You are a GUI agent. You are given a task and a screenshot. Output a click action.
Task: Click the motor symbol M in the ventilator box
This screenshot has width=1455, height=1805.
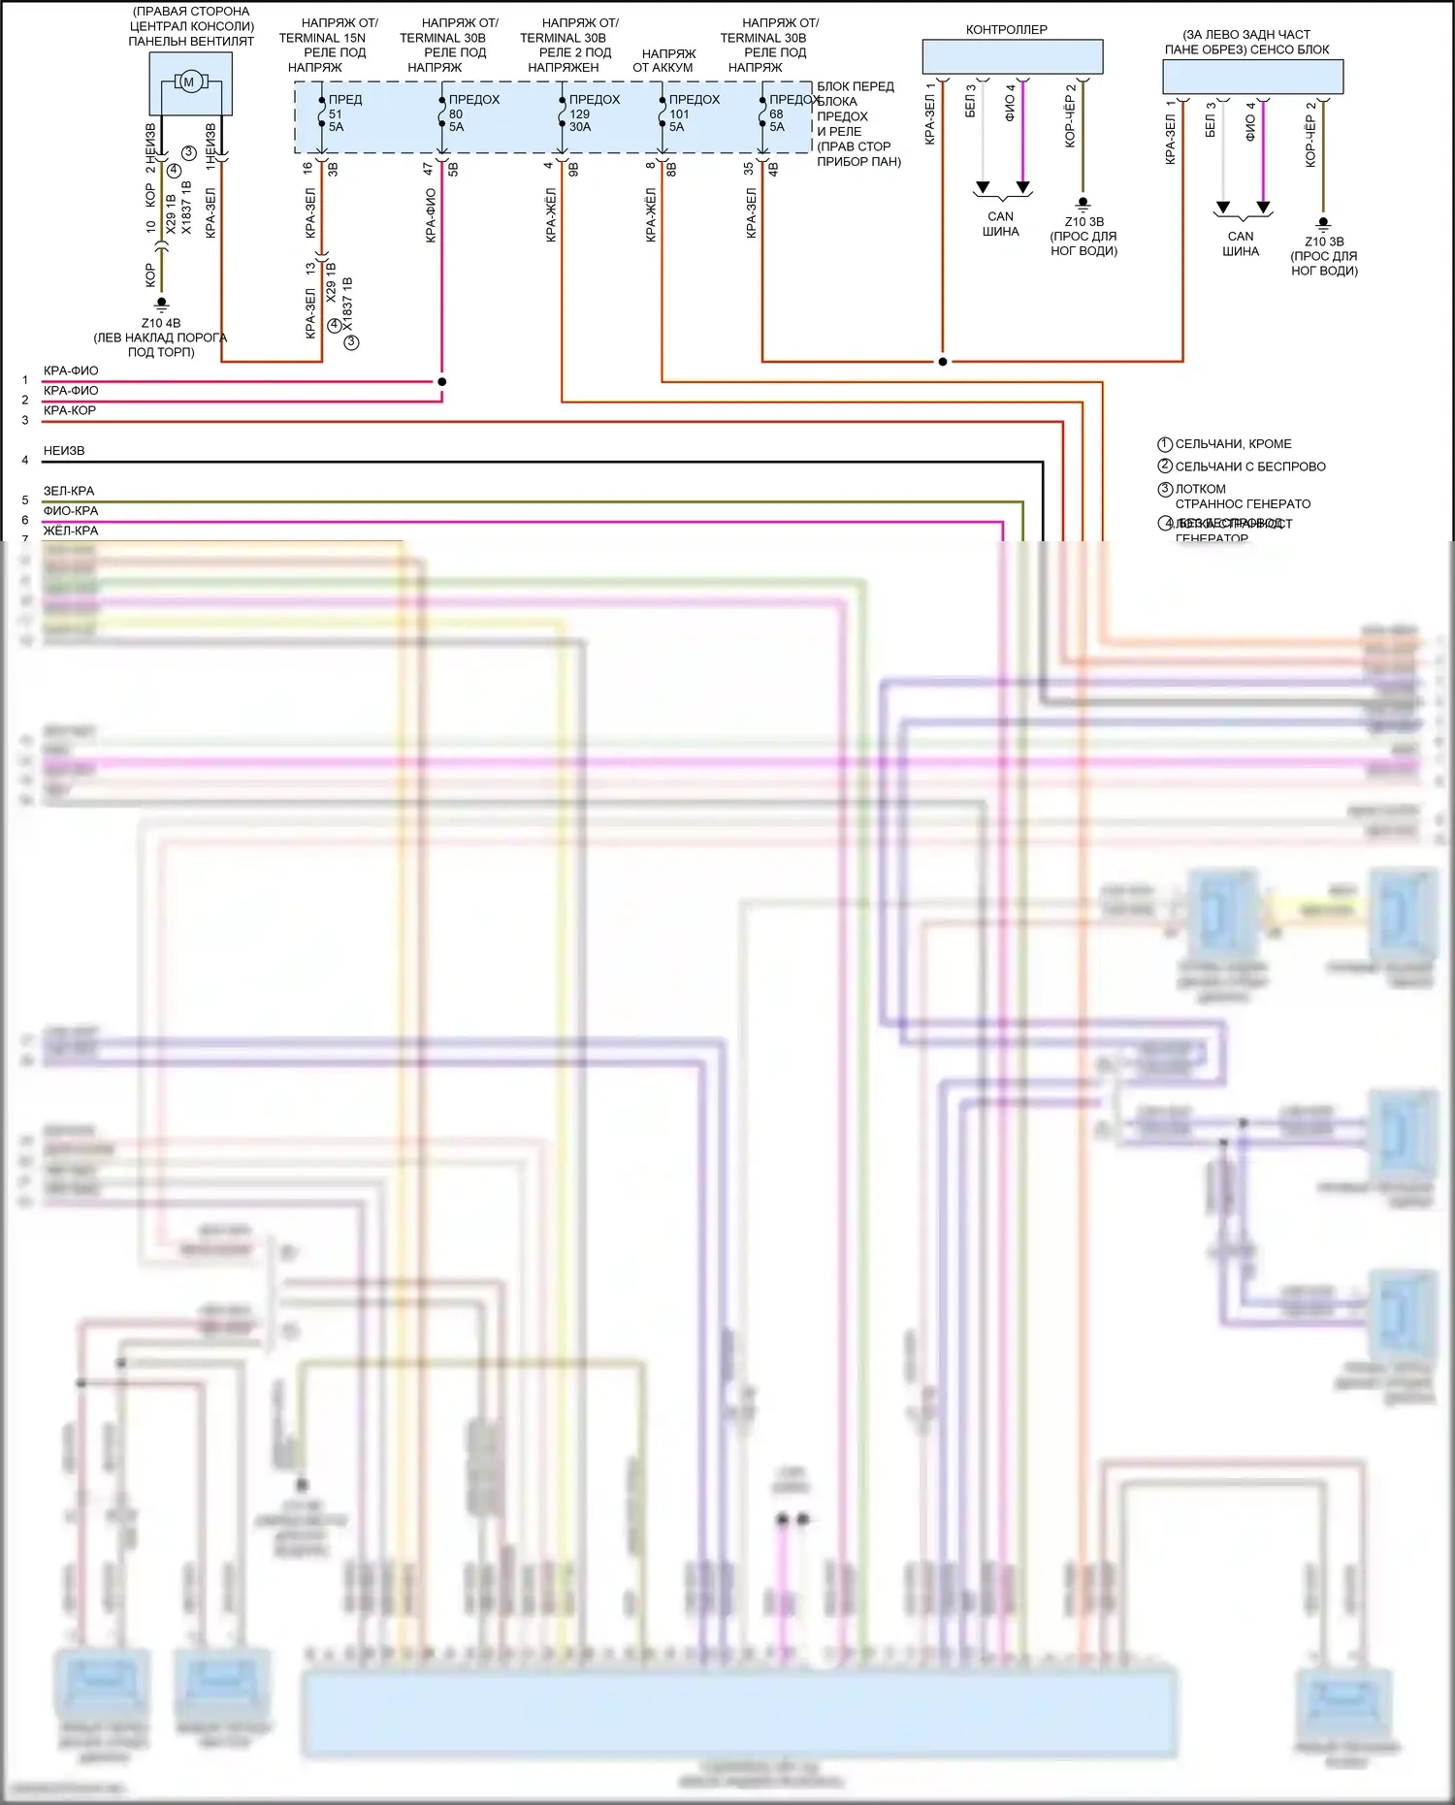tap(189, 82)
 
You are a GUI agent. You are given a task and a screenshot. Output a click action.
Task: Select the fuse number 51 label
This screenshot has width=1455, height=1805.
tap(336, 113)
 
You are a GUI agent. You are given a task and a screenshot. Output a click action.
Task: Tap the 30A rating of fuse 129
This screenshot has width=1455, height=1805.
tap(580, 127)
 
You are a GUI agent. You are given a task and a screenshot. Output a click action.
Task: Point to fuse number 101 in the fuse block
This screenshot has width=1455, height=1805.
tap(679, 113)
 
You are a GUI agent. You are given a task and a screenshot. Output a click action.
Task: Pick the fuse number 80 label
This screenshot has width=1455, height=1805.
tap(456, 113)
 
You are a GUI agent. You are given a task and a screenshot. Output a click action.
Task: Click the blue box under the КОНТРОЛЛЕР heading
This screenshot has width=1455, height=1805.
tap(1012, 56)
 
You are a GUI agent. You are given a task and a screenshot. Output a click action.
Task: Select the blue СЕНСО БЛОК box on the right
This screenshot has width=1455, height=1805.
tap(1252, 77)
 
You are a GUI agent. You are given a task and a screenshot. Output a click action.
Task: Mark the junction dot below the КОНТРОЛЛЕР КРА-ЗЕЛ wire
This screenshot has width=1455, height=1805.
tap(942, 362)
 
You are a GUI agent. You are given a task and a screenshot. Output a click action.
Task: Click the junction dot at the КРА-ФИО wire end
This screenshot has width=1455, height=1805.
tap(441, 381)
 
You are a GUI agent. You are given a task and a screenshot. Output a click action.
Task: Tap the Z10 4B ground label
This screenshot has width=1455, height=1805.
tap(161, 323)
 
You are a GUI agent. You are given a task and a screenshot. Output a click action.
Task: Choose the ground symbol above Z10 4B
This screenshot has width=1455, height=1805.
tap(161, 304)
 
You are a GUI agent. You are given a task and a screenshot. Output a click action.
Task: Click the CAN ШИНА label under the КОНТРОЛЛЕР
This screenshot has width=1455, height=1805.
tap(1001, 224)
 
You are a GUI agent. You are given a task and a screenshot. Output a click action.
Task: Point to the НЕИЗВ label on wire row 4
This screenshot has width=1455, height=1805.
tap(64, 451)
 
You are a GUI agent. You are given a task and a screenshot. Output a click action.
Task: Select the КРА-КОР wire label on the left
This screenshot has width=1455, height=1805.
tap(70, 410)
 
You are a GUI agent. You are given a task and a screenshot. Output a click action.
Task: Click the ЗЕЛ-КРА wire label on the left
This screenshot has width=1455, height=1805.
tap(69, 491)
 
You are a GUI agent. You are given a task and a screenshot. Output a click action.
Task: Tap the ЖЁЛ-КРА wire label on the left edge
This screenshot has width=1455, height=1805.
tap(71, 531)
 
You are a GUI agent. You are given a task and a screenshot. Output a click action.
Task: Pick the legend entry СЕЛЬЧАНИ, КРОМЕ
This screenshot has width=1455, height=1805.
tap(1233, 444)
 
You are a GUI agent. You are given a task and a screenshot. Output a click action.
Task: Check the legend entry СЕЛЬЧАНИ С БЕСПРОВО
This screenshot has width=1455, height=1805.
tap(1249, 467)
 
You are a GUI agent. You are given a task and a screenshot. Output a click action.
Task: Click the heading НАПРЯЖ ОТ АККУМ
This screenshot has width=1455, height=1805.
tap(664, 60)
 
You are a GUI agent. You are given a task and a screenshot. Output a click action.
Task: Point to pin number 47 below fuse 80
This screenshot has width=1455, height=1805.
tap(428, 168)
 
